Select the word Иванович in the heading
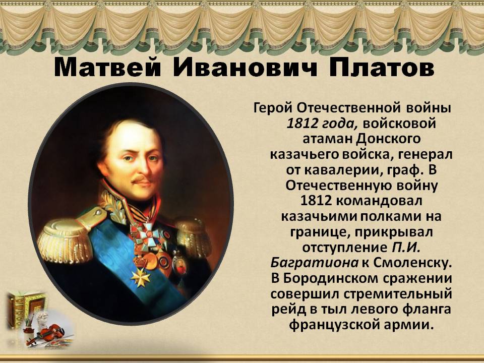pos(245,68)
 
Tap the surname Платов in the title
pos(381,68)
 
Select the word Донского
pos(388,140)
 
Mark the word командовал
pos(379,201)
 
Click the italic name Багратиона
pos(315,263)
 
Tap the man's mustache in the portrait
pos(141,179)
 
